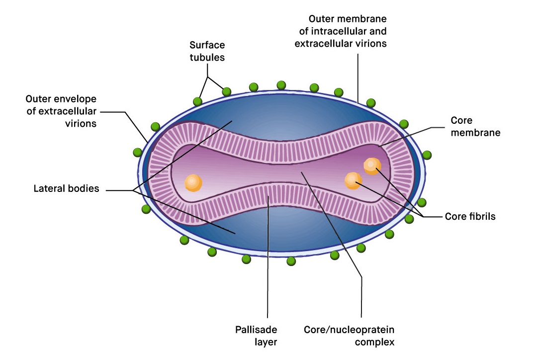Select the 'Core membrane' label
click(x=475, y=126)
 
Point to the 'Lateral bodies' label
click(x=67, y=188)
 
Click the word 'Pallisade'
click(x=256, y=330)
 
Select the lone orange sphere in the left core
click(x=193, y=183)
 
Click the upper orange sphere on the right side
click(x=372, y=166)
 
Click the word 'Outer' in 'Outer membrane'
click(x=322, y=19)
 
